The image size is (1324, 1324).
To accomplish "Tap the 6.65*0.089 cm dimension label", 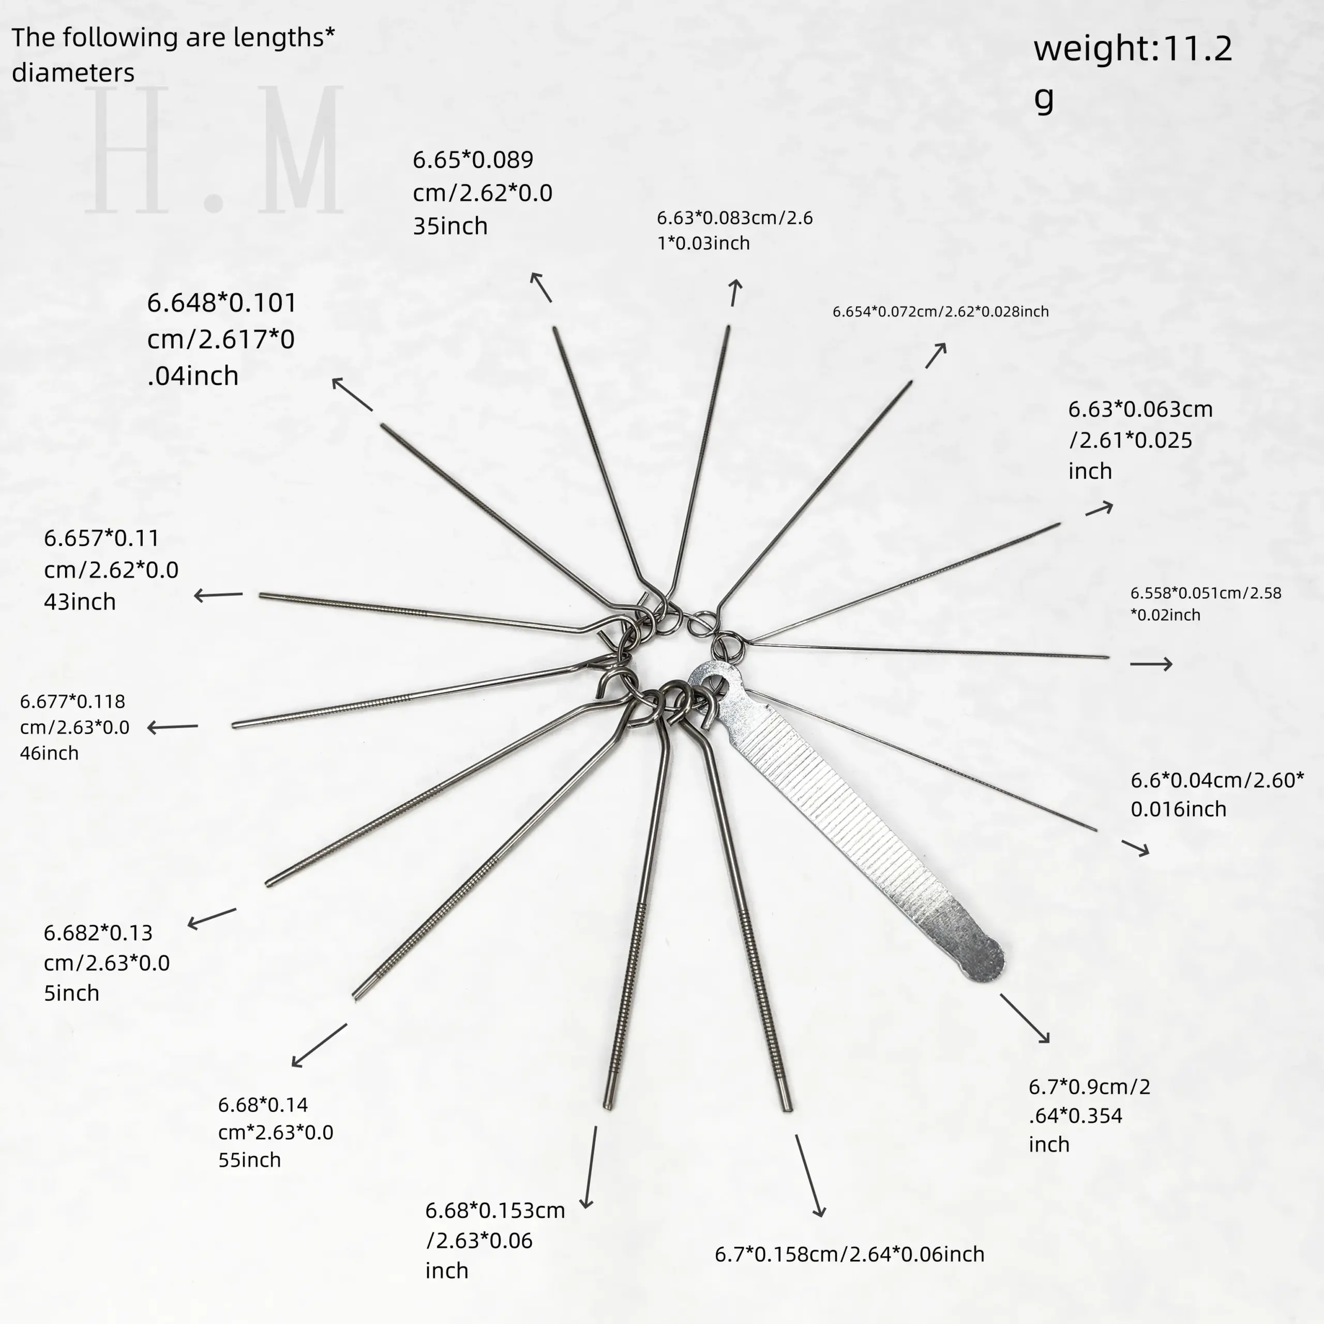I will click(x=482, y=192).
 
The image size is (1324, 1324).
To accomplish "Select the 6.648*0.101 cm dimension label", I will click(x=221, y=339).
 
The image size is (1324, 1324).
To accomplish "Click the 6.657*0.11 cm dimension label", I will click(x=111, y=569).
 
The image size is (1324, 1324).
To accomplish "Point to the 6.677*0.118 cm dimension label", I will click(x=74, y=727).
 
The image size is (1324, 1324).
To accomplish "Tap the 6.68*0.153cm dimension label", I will click(x=495, y=1240).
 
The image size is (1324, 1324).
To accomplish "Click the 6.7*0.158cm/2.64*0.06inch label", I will click(x=849, y=1254).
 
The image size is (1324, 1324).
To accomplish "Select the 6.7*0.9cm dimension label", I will click(x=1089, y=1115).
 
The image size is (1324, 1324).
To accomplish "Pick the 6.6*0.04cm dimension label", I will click(x=1217, y=794).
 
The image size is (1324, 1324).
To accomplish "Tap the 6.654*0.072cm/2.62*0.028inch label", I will click(x=940, y=312).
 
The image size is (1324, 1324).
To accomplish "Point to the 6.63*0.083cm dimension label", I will click(x=734, y=230).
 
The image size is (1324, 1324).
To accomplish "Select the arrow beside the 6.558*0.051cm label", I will click(x=1151, y=664).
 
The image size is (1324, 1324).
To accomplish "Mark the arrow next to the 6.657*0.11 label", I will click(x=218, y=595).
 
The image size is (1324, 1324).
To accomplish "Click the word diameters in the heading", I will click(x=73, y=72).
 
